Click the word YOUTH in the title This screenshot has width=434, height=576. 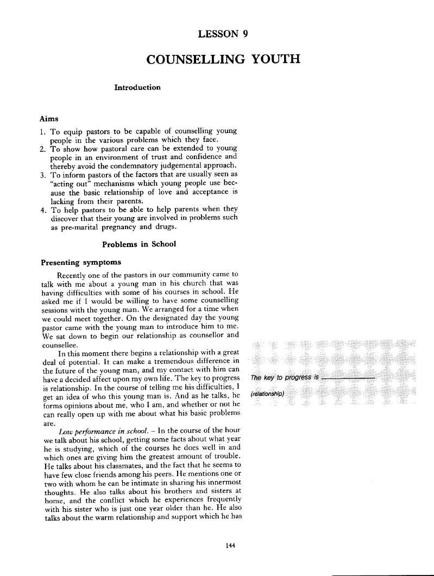click(271, 59)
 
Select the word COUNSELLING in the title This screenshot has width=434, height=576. click(190, 59)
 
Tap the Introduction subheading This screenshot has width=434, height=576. click(137, 87)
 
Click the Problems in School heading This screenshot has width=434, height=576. click(139, 244)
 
